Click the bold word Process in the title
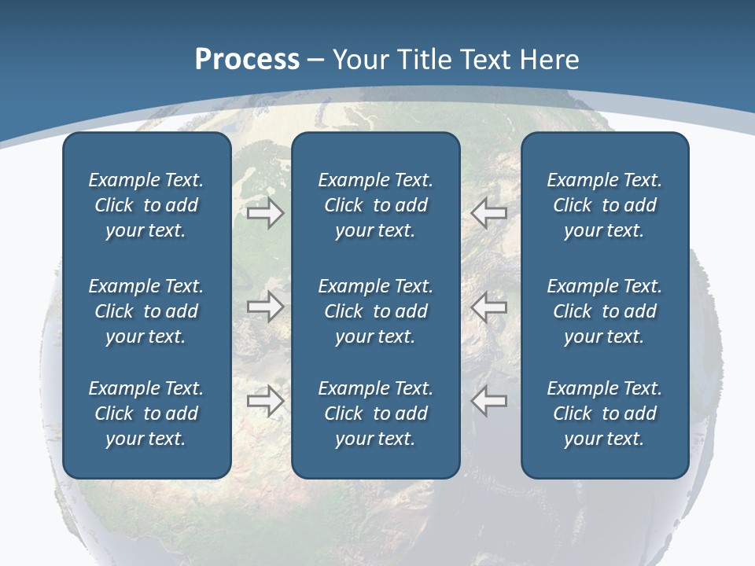tap(247, 60)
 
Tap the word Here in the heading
tap(550, 60)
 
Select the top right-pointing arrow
tap(266, 213)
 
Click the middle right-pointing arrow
tap(266, 307)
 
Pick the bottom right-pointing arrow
tap(266, 401)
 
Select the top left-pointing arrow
tap(489, 213)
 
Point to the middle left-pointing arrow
tap(489, 307)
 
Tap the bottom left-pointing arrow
tap(489, 401)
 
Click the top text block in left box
tap(146, 205)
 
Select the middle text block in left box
tap(146, 311)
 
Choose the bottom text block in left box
tap(146, 413)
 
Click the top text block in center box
tap(375, 205)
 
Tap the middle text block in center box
tap(375, 311)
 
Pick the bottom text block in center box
tap(375, 413)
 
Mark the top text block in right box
tap(604, 205)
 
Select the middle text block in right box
tap(604, 311)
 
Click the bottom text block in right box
tap(604, 413)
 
